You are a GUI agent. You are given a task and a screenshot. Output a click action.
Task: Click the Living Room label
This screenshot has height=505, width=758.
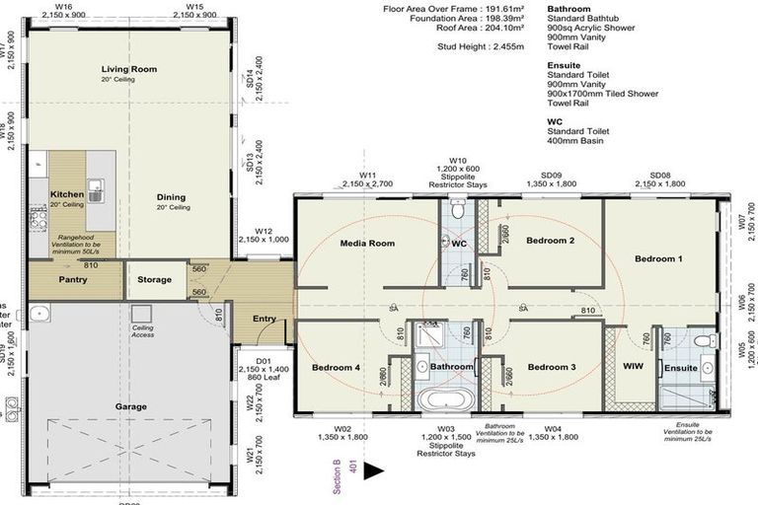pos(129,69)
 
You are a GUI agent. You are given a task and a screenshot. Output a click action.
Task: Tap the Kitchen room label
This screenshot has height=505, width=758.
pos(67,194)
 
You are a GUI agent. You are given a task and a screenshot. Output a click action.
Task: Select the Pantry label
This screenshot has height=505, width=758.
pos(74,279)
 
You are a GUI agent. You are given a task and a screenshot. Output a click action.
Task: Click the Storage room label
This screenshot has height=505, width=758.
pos(154,279)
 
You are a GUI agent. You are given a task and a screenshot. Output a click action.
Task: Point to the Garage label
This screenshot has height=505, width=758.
pos(130,406)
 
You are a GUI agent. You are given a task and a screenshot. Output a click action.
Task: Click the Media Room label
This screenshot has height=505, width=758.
pos(367,243)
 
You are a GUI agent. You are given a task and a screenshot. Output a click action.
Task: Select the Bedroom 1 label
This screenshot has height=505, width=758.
pos(658,258)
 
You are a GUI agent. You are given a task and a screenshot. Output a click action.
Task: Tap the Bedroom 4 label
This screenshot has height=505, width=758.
pos(337,368)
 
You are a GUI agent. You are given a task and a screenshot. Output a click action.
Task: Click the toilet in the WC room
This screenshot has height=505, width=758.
pos(456,209)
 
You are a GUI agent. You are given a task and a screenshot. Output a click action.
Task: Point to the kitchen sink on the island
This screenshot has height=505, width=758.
pos(96,187)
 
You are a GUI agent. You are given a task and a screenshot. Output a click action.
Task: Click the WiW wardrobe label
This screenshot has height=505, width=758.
pos(633,367)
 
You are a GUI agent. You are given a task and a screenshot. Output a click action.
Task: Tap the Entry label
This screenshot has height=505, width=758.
pos(265,318)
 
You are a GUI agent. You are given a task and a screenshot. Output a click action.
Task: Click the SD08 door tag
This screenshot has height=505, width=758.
pos(659,175)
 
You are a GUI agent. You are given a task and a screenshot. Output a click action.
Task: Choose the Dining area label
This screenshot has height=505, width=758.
pos(171,197)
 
